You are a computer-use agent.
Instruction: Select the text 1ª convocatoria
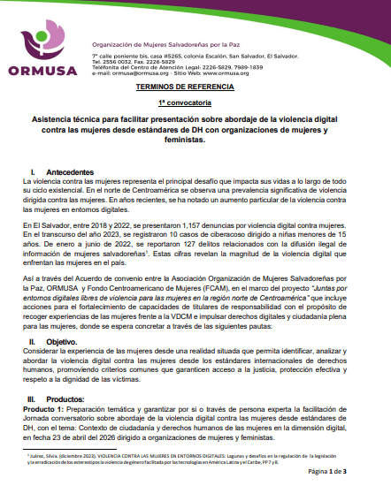pos(194,103)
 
